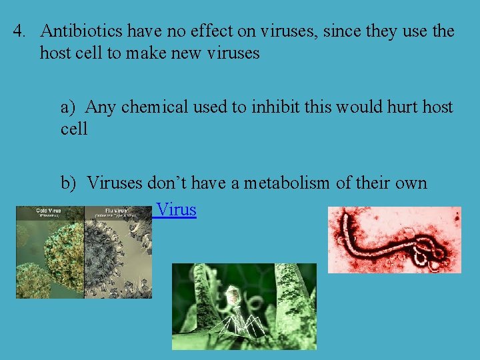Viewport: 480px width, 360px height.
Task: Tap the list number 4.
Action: click(19, 31)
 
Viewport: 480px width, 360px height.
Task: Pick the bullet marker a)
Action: click(71, 107)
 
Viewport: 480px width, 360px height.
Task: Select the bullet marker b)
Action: click(71, 183)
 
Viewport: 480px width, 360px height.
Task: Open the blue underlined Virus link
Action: click(176, 210)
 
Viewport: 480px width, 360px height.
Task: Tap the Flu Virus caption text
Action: click(109, 211)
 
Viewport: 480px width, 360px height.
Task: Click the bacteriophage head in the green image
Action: click(235, 294)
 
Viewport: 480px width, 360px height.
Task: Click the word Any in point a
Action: click(100, 107)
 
